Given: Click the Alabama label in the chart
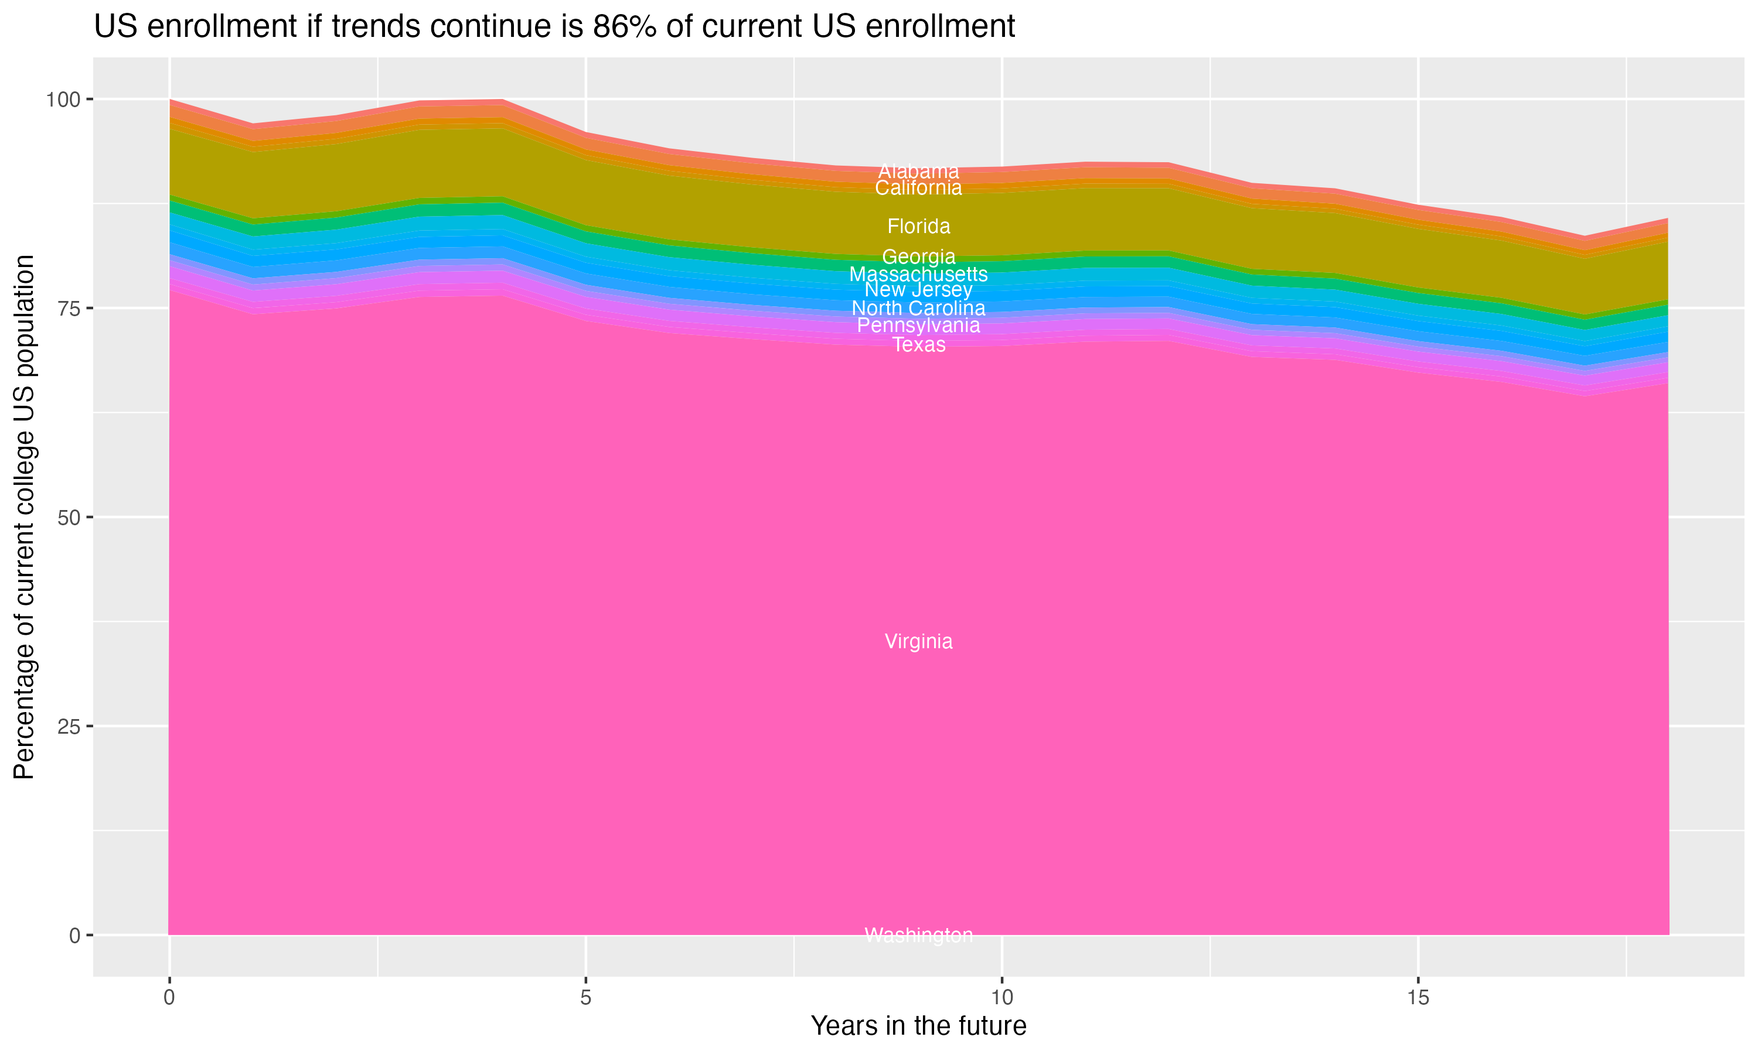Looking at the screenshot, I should point(918,171).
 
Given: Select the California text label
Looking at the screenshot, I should point(918,188).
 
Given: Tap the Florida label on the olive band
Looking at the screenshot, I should point(918,227).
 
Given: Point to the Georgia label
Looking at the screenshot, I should point(918,256).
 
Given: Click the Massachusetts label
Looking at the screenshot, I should point(918,274).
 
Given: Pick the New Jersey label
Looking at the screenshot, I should point(918,290).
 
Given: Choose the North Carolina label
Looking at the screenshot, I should point(918,308).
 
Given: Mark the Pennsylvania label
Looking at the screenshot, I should point(918,326).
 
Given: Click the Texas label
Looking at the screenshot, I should point(918,344).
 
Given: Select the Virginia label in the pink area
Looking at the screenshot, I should point(918,641).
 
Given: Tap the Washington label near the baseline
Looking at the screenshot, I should point(918,935).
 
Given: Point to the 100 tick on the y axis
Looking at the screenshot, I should point(63,100).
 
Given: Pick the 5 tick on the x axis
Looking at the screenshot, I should point(585,998).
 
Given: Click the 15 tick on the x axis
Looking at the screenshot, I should point(1418,998).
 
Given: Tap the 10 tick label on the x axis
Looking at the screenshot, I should point(1001,998).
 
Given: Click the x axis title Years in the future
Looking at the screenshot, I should point(918,1025).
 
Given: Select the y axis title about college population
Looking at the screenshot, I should point(24,517).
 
